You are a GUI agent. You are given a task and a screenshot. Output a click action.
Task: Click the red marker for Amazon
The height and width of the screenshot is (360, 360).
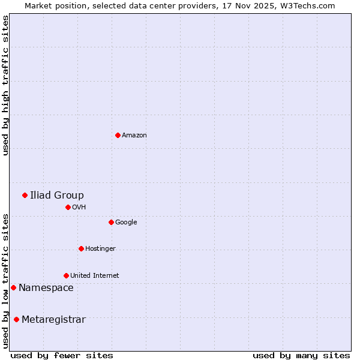(x=118, y=135)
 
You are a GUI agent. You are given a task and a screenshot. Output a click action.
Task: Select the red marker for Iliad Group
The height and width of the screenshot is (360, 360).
(x=25, y=195)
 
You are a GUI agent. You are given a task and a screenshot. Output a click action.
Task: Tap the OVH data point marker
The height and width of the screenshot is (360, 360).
(x=68, y=207)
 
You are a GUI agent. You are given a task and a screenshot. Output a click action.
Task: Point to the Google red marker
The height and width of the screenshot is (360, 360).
(x=111, y=222)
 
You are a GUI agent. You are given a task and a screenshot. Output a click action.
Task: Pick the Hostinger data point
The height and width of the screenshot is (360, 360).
(x=81, y=248)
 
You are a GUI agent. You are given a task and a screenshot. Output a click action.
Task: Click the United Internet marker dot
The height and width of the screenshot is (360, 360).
(x=66, y=275)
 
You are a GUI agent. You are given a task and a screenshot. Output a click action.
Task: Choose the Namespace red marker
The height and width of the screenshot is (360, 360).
(x=13, y=287)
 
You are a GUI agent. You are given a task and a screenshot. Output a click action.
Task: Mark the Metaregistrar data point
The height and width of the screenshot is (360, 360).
(x=16, y=319)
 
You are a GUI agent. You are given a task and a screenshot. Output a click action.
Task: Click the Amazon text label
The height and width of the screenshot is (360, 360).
(x=134, y=136)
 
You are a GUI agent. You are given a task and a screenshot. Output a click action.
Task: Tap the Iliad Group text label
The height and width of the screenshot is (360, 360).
(x=57, y=195)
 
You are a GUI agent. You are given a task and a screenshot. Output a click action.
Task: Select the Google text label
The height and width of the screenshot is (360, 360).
(x=126, y=222)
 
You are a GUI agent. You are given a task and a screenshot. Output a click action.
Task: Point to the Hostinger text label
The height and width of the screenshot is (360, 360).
(x=100, y=248)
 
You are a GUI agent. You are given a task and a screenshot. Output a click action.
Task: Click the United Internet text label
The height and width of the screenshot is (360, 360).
(x=94, y=275)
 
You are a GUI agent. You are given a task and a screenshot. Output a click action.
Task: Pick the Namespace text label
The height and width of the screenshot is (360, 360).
(x=46, y=288)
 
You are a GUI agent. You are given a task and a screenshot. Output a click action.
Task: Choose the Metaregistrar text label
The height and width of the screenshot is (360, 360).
(x=53, y=320)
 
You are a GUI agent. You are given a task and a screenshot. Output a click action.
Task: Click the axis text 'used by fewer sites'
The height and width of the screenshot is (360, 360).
(x=62, y=355)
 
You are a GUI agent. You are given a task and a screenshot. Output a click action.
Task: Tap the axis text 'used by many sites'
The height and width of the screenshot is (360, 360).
(x=301, y=355)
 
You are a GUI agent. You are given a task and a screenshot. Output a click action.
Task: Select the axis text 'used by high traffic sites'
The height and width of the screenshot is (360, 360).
(x=5, y=85)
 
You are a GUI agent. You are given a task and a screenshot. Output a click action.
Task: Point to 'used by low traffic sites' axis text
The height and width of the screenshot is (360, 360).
(x=5, y=280)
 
